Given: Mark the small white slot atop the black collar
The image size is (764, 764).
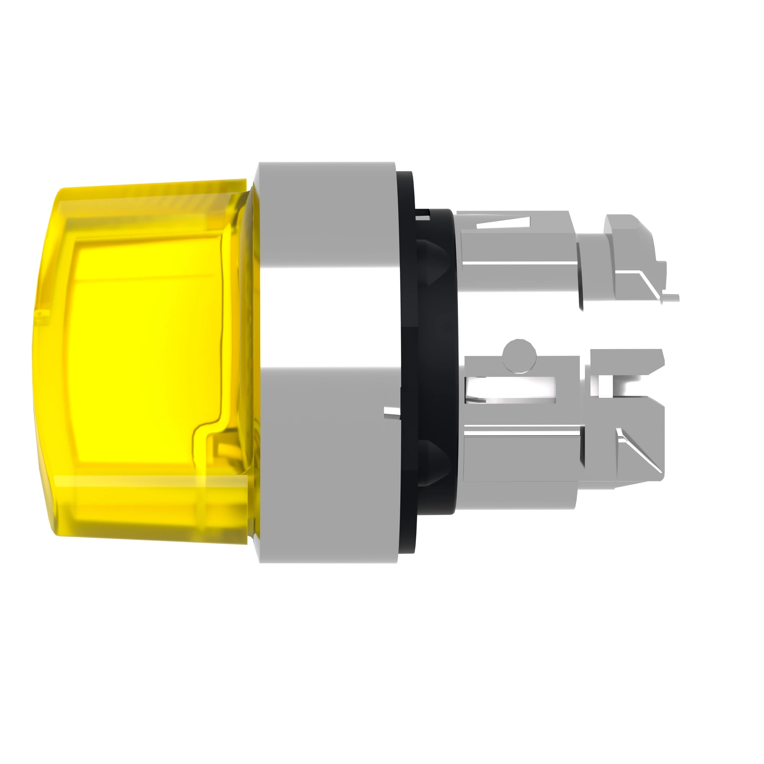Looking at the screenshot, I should [x=423, y=215].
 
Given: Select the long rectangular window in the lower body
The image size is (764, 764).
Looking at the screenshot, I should [x=510, y=390].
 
